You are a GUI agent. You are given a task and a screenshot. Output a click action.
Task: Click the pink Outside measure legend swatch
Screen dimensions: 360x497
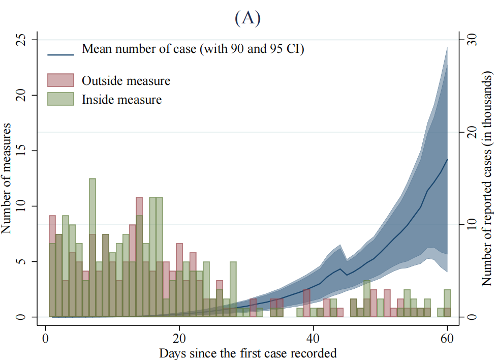click(61, 80)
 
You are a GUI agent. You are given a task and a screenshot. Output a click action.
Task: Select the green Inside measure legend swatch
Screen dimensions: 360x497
click(61, 99)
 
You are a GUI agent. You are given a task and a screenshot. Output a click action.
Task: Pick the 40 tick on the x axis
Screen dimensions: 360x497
click(313, 340)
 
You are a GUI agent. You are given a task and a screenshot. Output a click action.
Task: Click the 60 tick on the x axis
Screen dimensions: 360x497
click(447, 340)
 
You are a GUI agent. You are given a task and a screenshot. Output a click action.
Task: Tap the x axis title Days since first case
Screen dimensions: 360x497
click(247, 353)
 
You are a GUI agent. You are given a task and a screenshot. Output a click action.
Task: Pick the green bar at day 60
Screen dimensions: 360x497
click(447, 303)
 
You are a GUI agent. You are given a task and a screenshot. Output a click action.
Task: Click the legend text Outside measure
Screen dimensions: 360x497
click(126, 81)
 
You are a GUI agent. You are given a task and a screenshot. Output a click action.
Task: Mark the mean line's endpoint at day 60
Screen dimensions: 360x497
click(447, 159)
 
